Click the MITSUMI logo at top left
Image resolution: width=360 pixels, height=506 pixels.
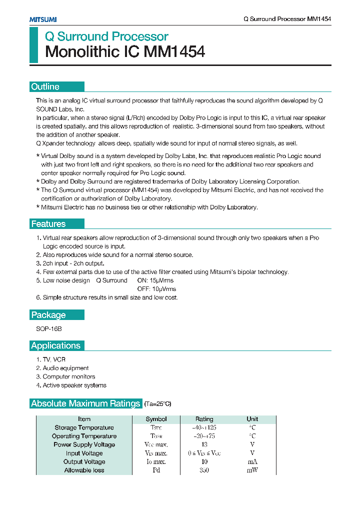[x=42, y=19]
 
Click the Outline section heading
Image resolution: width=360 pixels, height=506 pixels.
[x=45, y=86]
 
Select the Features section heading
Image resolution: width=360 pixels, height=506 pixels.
[x=48, y=224]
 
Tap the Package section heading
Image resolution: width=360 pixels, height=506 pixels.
[x=48, y=315]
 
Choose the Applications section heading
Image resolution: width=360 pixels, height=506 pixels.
[x=55, y=345]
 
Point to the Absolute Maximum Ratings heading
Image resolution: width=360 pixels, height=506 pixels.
[x=85, y=403]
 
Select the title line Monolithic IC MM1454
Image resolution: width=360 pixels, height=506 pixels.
[x=125, y=52]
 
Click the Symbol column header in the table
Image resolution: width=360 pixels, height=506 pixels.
[x=156, y=419]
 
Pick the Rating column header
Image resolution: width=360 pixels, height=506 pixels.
[x=204, y=419]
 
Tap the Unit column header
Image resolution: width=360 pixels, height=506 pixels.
[x=252, y=419]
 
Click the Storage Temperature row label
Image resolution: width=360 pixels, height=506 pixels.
[x=84, y=427]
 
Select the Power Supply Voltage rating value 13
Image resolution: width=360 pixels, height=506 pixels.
[x=204, y=444]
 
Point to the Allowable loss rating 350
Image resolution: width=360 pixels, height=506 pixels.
[x=204, y=470]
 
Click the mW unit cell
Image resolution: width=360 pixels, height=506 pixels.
[x=252, y=470]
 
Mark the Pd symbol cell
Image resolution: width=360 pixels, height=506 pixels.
[x=156, y=470]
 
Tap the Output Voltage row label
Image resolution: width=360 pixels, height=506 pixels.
[x=84, y=462]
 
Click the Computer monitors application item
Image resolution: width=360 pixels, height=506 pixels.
[x=69, y=376]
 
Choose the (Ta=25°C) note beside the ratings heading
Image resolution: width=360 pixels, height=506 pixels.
[x=158, y=404]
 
